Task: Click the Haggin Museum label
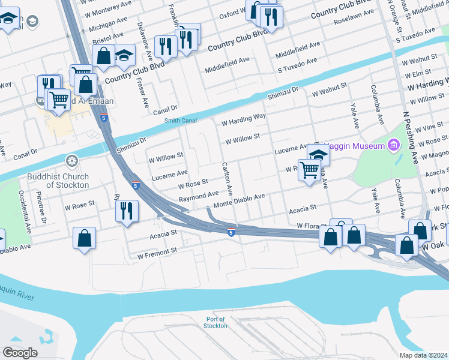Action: [x=357, y=145]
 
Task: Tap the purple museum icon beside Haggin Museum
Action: [x=394, y=145]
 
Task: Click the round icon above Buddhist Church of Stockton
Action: [x=71, y=161]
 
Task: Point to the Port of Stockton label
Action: [x=215, y=322]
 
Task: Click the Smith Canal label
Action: [x=181, y=121]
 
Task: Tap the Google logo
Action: [x=20, y=353]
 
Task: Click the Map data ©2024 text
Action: [x=424, y=355]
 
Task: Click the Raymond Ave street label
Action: [x=199, y=196]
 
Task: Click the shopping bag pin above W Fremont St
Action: [x=84, y=238]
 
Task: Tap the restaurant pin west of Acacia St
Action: [x=126, y=211]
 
